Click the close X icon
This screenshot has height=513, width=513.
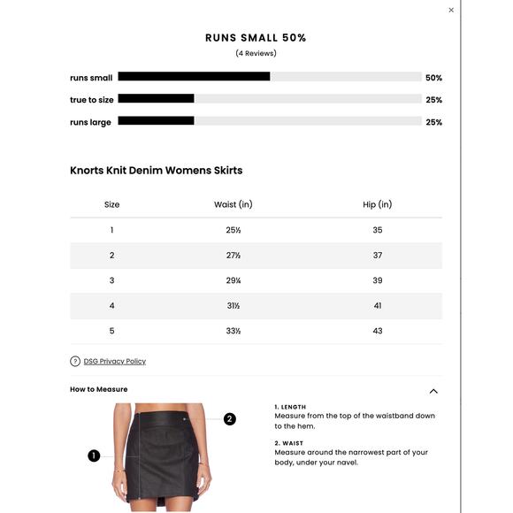[451, 11]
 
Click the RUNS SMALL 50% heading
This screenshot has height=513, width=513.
[256, 38]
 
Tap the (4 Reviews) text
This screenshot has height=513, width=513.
[256, 54]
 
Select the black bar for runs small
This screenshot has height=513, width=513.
[194, 77]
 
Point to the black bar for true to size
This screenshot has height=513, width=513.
[156, 99]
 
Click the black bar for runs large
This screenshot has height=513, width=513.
[156, 121]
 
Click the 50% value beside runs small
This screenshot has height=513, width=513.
[433, 78]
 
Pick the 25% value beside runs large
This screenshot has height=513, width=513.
[433, 122]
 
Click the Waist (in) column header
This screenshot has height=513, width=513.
[234, 204]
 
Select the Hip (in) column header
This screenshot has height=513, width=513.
[378, 204]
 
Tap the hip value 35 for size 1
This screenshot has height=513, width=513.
[378, 230]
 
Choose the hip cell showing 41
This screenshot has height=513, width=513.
[378, 306]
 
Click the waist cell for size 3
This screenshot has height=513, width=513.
[234, 280]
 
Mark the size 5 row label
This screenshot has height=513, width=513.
[111, 331]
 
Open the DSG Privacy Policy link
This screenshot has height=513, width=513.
[115, 361]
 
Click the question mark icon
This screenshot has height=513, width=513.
[75, 361]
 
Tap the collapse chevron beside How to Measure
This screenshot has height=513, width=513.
[433, 391]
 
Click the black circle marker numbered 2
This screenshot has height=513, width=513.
[230, 418]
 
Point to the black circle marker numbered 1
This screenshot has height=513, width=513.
[94, 456]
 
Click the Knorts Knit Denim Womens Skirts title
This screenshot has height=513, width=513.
[157, 171]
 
